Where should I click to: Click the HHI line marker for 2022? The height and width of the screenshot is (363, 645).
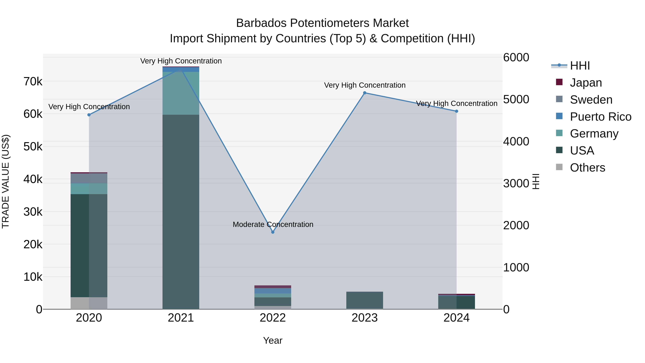(x=273, y=232)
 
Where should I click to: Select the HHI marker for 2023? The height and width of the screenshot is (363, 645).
(x=365, y=93)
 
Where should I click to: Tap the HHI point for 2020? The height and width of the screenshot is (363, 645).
(x=89, y=115)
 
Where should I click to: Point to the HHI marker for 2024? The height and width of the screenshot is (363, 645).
(x=457, y=111)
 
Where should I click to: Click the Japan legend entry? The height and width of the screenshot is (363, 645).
(x=586, y=83)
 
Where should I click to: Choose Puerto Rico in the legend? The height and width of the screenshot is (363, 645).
(x=600, y=117)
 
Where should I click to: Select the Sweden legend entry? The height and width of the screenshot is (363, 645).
(x=591, y=100)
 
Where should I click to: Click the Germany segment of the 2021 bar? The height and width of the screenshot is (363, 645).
(x=181, y=93)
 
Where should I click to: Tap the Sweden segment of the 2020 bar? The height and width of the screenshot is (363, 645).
(x=89, y=178)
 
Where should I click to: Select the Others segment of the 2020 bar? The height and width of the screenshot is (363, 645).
(x=89, y=303)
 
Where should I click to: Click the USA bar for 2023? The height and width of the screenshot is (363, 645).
(x=365, y=300)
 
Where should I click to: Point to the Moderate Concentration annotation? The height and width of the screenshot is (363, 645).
(x=273, y=224)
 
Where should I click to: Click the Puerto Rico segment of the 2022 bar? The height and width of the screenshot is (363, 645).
(x=273, y=291)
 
